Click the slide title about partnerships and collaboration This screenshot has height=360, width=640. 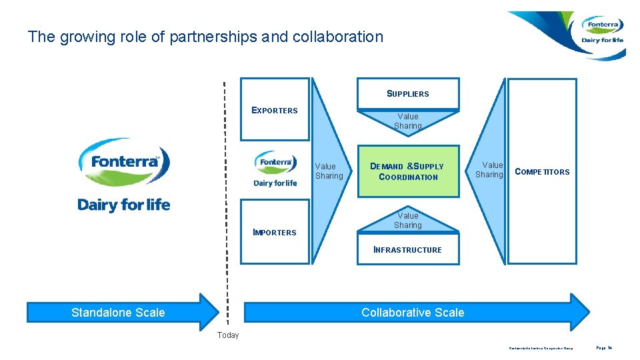coord(205,37)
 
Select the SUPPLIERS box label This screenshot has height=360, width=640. coord(408,94)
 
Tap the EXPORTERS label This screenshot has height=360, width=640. coord(275,111)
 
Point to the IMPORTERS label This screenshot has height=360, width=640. coord(275,233)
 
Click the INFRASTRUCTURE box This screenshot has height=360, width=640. coord(408,250)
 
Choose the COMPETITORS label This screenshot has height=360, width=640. coord(542,172)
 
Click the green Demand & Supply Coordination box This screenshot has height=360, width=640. coord(408,171)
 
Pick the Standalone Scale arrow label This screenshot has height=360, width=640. coord(118,312)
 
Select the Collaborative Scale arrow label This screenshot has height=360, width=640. coord(413,312)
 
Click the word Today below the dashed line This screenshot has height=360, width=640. coord(227,335)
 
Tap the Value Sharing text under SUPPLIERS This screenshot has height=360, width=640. coord(408,121)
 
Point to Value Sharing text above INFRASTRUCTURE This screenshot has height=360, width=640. coord(408,220)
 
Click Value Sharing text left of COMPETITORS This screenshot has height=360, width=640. coord(492,169)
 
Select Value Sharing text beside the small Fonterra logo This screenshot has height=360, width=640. coord(329,171)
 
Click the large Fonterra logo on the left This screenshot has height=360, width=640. coord(124,175)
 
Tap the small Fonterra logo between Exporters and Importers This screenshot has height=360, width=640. coord(275,169)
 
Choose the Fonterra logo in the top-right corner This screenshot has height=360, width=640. coord(601,31)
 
